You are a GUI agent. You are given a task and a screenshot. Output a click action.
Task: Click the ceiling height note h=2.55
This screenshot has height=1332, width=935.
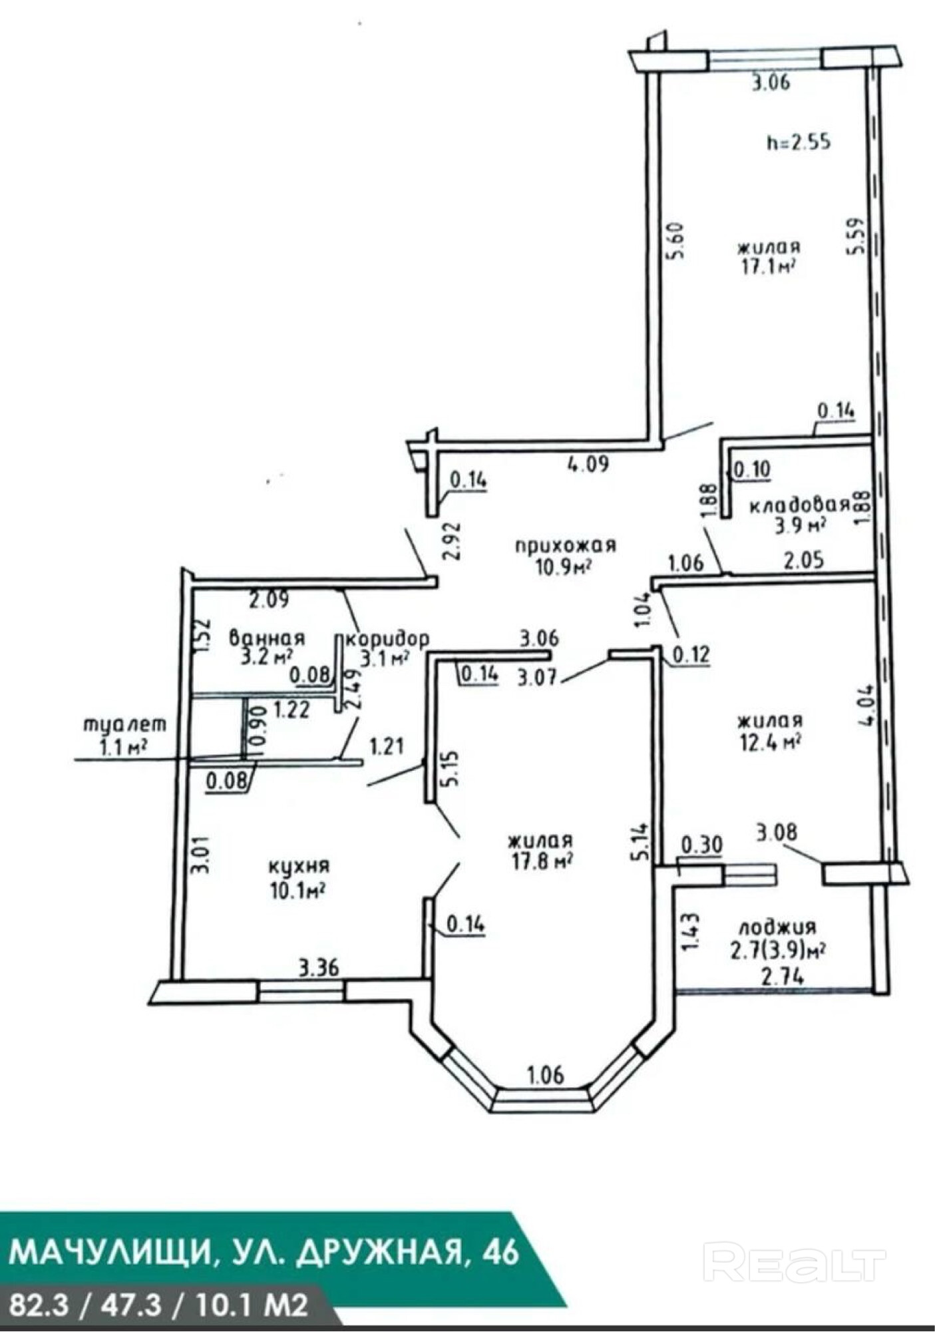(799, 142)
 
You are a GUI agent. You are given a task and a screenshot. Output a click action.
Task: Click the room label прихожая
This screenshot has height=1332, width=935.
(566, 545)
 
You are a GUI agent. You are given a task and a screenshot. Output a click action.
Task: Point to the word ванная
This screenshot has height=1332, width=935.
(267, 638)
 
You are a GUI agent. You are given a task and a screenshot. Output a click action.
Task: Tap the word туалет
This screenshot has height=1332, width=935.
(124, 725)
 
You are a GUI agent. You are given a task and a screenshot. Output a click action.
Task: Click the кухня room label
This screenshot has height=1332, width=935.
(299, 866)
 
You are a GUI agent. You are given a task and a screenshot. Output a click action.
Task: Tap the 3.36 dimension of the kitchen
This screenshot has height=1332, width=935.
(319, 967)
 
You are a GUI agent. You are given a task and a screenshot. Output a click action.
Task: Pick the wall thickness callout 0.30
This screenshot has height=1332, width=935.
(701, 845)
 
